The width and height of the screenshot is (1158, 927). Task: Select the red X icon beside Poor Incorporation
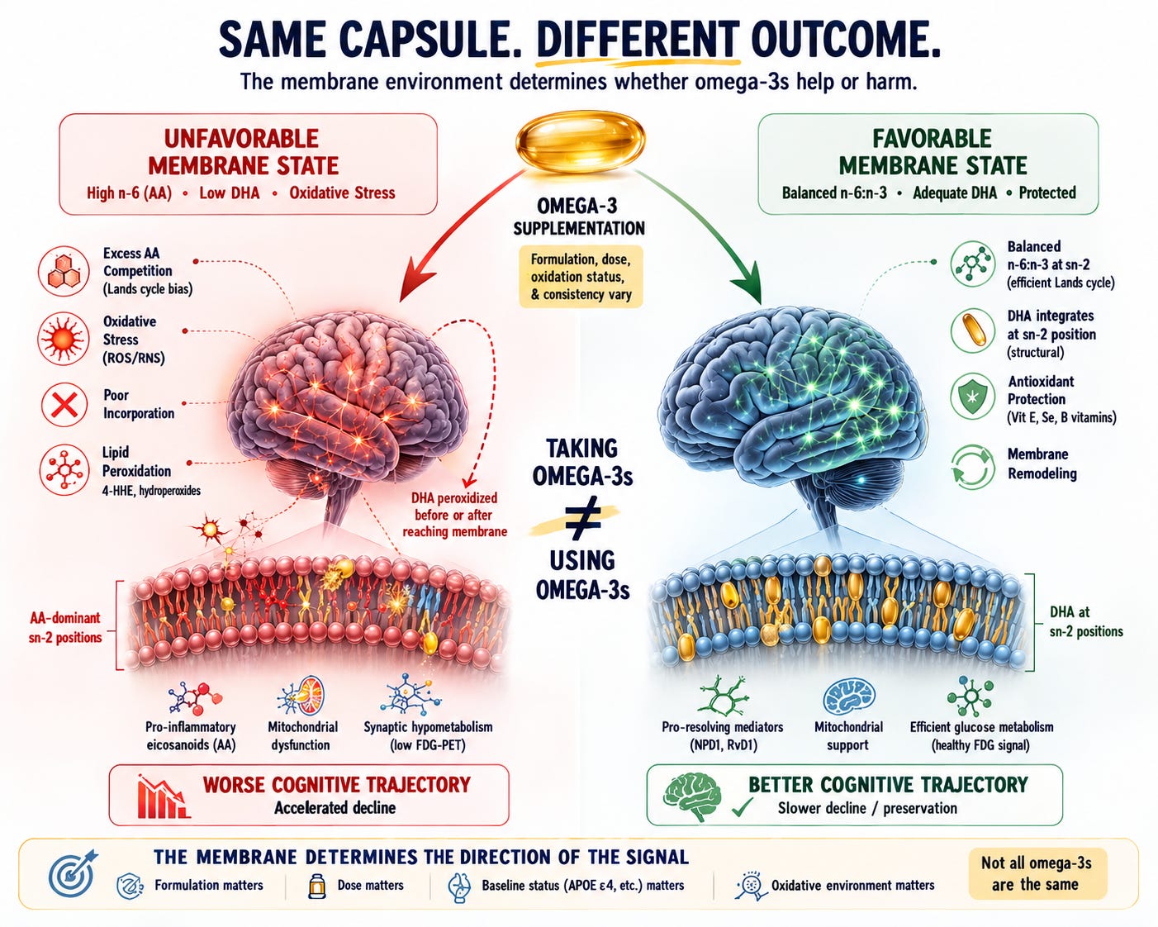(64, 404)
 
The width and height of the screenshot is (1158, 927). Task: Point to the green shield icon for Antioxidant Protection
(972, 397)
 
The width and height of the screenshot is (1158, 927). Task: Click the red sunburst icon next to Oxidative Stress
(64, 338)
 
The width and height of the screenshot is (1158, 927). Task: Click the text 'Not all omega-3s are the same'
(1036, 873)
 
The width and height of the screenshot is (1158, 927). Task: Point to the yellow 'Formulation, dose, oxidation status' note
(581, 277)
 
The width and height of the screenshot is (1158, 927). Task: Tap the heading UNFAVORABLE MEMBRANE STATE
(242, 152)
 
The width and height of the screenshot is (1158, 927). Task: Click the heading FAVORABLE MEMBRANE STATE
(933, 152)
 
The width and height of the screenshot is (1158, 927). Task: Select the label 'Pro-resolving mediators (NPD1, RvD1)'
(722, 736)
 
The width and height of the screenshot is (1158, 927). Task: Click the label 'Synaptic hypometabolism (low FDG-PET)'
(429, 736)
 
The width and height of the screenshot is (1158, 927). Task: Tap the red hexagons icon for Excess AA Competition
(64, 271)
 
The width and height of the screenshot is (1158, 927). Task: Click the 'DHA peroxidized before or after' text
(455, 515)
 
